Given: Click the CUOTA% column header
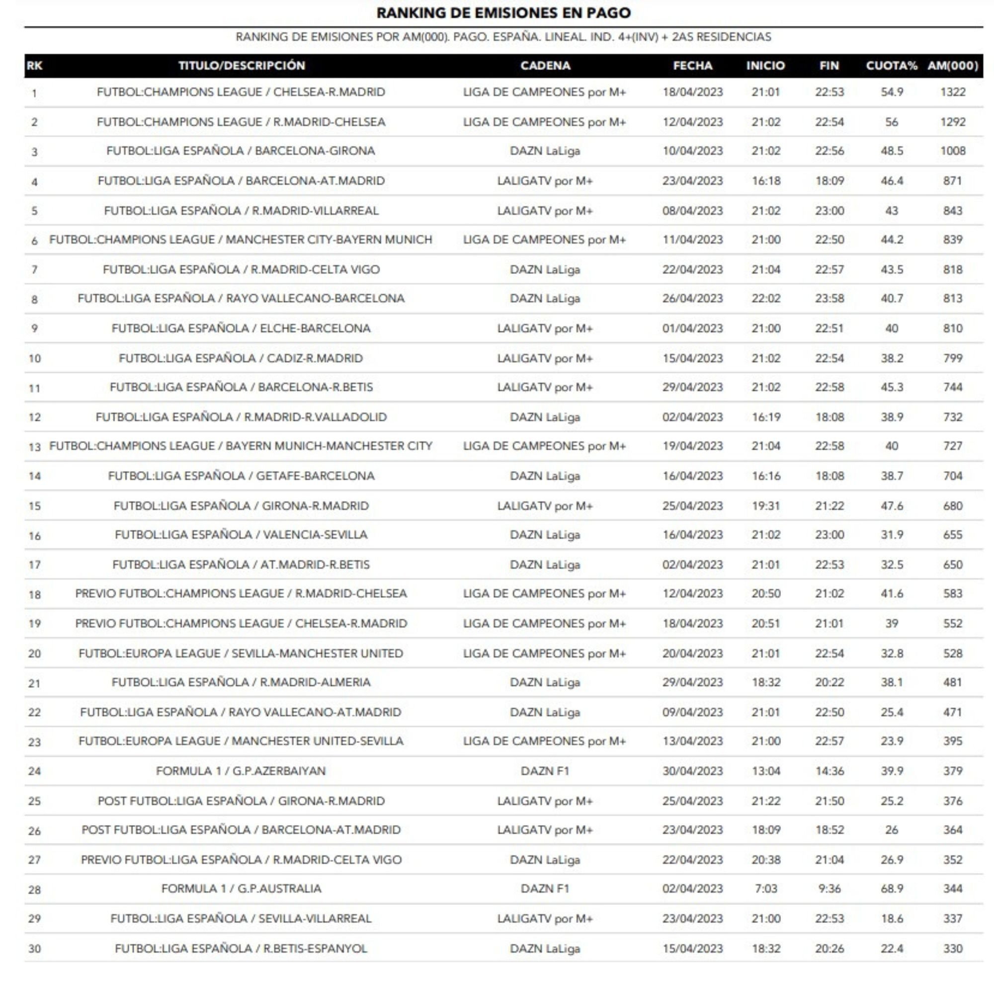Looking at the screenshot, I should [x=891, y=66].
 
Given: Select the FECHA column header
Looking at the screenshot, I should [x=692, y=66].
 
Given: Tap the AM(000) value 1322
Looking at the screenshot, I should [x=952, y=92].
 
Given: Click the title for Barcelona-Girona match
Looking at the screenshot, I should [x=241, y=151].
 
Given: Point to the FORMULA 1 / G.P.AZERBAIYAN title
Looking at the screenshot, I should [x=241, y=771].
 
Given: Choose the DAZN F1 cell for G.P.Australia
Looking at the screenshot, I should [x=544, y=889].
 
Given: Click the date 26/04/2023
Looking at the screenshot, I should [x=692, y=298].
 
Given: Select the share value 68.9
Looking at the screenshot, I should [x=891, y=889].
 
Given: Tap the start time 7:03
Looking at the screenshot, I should [x=765, y=889].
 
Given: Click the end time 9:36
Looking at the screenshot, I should [x=829, y=889].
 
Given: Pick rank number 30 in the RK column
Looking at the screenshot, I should [x=34, y=949].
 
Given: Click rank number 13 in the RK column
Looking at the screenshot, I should [x=34, y=447].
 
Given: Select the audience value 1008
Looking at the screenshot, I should [x=952, y=151].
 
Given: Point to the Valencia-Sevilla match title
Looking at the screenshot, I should [x=241, y=535].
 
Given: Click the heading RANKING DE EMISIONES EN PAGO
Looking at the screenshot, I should [x=503, y=13].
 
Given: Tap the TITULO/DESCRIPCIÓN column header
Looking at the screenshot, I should [x=242, y=66].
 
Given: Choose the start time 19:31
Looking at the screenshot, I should [x=765, y=506].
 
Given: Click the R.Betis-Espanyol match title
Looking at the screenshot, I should [x=241, y=948].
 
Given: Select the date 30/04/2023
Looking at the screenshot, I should [x=692, y=771].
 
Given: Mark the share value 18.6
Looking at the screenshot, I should [x=891, y=918].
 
